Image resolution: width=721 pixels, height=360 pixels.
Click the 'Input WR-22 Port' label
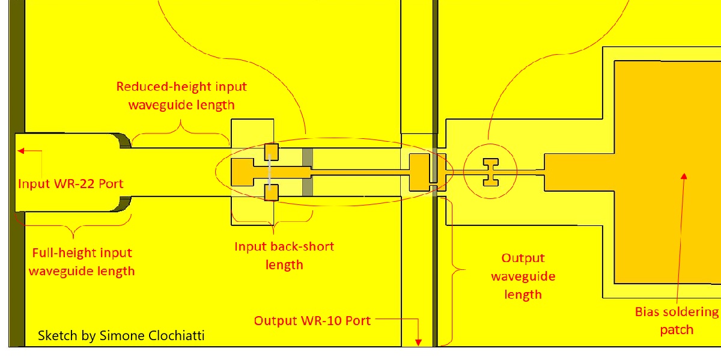pos(70,183)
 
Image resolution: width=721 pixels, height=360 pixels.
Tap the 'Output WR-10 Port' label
pos(312,320)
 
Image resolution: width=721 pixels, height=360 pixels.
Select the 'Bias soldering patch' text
pos(677,320)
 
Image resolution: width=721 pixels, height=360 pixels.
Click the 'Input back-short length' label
pos(284,255)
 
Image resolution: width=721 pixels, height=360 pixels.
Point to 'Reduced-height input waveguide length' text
pos(181,96)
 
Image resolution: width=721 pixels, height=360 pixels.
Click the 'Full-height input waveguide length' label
pos(82,262)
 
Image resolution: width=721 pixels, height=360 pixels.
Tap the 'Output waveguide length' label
pos(523,276)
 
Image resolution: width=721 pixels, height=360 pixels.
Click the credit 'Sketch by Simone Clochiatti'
pos(121,335)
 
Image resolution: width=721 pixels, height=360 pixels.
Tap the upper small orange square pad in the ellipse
pos(272,151)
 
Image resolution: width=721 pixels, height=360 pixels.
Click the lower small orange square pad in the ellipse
pos(272,192)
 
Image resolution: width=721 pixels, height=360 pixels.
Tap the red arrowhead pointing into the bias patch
pos(683,175)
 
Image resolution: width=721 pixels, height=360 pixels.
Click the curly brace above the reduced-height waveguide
pos(180,127)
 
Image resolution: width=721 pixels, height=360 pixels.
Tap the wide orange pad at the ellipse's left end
pos(243,172)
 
